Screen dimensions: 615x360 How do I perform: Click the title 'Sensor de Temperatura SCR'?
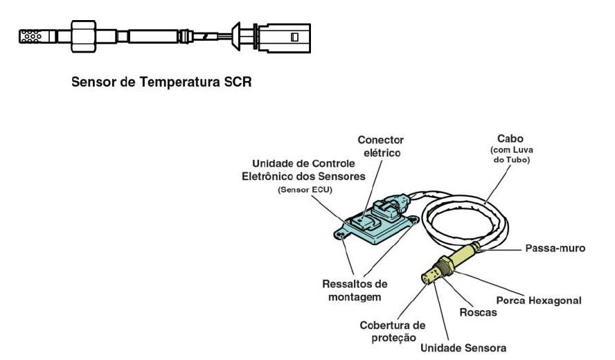point(161,82)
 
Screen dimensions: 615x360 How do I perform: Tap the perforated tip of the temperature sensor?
point(31,36)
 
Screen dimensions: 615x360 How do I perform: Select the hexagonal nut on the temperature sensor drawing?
point(83,36)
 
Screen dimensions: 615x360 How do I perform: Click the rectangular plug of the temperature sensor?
point(285,37)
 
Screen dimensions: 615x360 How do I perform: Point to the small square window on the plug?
point(294,37)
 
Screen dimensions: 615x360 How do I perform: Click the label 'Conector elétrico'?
point(380,146)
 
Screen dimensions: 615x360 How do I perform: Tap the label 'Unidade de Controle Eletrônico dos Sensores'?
point(303,170)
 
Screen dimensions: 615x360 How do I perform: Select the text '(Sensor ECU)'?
point(305,190)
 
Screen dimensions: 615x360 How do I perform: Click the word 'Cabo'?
point(510,138)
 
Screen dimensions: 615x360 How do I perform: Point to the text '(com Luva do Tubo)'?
point(511,154)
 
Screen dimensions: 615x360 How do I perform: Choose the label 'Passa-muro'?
point(555,249)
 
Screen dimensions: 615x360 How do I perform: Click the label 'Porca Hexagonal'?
point(539,300)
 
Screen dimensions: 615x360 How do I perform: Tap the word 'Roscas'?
point(478,312)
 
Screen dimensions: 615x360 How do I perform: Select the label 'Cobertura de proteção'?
point(393,332)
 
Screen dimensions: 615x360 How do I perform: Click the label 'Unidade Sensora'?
point(463,348)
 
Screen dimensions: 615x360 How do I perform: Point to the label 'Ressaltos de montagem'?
point(355,290)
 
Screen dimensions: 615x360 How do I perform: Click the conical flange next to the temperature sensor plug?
point(236,37)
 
